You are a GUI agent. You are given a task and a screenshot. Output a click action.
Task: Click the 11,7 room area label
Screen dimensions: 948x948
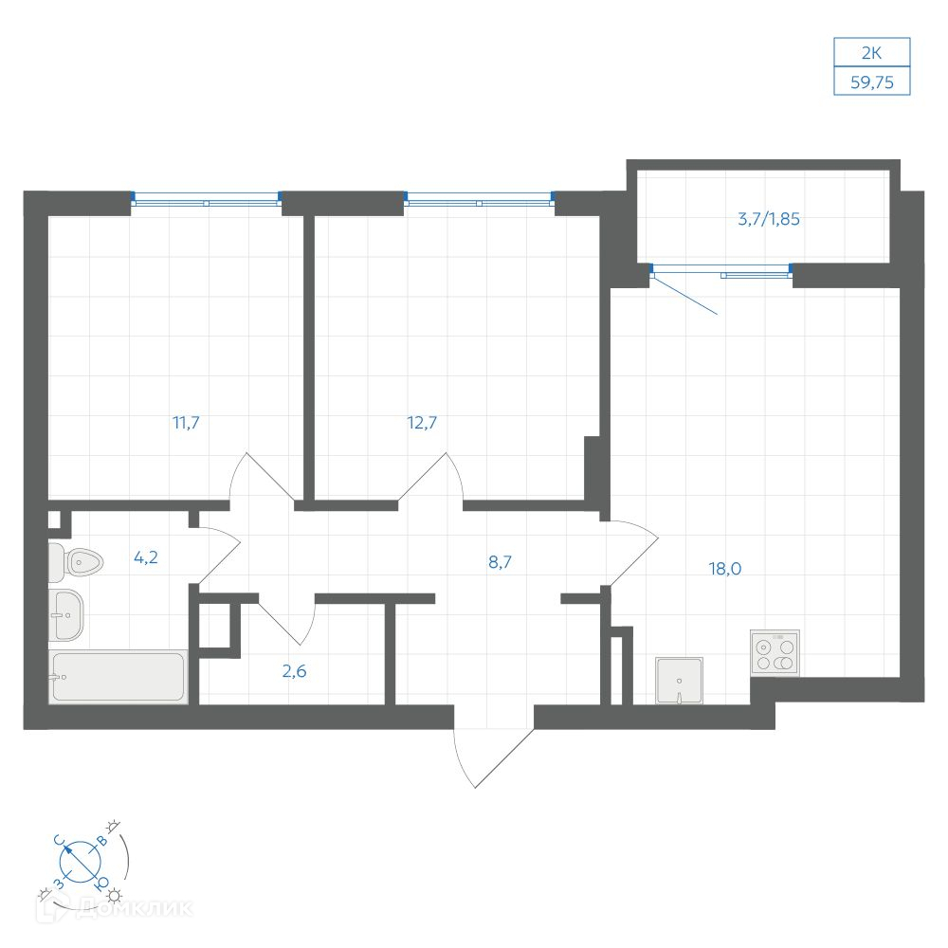(x=186, y=423)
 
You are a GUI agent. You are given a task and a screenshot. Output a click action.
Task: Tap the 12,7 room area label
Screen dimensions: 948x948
(x=422, y=423)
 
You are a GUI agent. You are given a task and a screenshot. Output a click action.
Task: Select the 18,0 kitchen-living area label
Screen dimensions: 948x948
(x=725, y=568)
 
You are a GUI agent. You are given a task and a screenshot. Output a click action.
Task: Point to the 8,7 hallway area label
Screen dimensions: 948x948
(x=500, y=562)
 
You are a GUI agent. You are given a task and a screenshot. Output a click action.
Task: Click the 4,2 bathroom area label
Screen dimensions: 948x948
(x=146, y=556)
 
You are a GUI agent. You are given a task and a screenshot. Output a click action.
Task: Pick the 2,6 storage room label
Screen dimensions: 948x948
(x=295, y=671)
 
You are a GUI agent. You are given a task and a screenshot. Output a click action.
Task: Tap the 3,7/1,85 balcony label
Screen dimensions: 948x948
(x=769, y=219)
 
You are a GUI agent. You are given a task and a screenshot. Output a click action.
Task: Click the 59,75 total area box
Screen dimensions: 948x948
(x=872, y=82)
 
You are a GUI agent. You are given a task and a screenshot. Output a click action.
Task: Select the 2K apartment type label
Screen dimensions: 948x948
(x=872, y=53)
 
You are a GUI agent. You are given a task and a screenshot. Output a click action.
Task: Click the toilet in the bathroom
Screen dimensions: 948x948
(x=76, y=561)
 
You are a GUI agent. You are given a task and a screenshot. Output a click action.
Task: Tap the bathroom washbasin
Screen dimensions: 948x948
(x=65, y=615)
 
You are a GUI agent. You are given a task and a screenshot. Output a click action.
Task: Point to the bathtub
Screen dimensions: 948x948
(x=118, y=677)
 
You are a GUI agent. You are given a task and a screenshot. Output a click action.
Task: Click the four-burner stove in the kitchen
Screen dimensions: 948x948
(x=775, y=653)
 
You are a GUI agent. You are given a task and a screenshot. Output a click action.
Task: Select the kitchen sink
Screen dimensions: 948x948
(x=679, y=681)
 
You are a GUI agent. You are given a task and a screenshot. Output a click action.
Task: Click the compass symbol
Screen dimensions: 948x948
(x=82, y=862)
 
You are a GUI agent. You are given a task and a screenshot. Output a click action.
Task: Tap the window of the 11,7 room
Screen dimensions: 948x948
(x=206, y=199)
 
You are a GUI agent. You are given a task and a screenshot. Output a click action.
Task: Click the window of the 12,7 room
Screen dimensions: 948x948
(x=480, y=199)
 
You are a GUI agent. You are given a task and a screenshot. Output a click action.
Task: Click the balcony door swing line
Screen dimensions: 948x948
(x=684, y=295)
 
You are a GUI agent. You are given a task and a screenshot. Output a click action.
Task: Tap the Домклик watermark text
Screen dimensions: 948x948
(x=115, y=908)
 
